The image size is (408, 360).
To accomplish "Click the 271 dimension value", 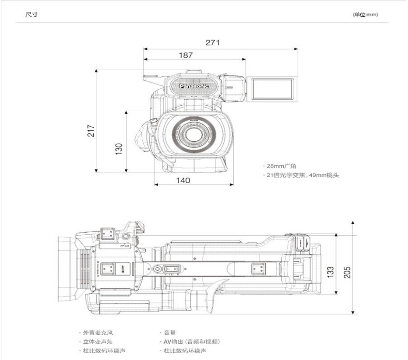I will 213,42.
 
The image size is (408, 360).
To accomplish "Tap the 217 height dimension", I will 91,130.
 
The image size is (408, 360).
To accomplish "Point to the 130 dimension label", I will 119,149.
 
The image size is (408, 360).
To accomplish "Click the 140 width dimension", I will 183,180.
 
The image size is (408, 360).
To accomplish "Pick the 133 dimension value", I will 331,272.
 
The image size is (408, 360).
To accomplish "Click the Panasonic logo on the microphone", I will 194,86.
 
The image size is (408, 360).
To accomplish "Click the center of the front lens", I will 193,134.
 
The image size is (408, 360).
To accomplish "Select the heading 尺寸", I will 32,15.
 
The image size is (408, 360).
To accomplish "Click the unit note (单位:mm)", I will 365,15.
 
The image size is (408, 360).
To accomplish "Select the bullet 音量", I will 170,333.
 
